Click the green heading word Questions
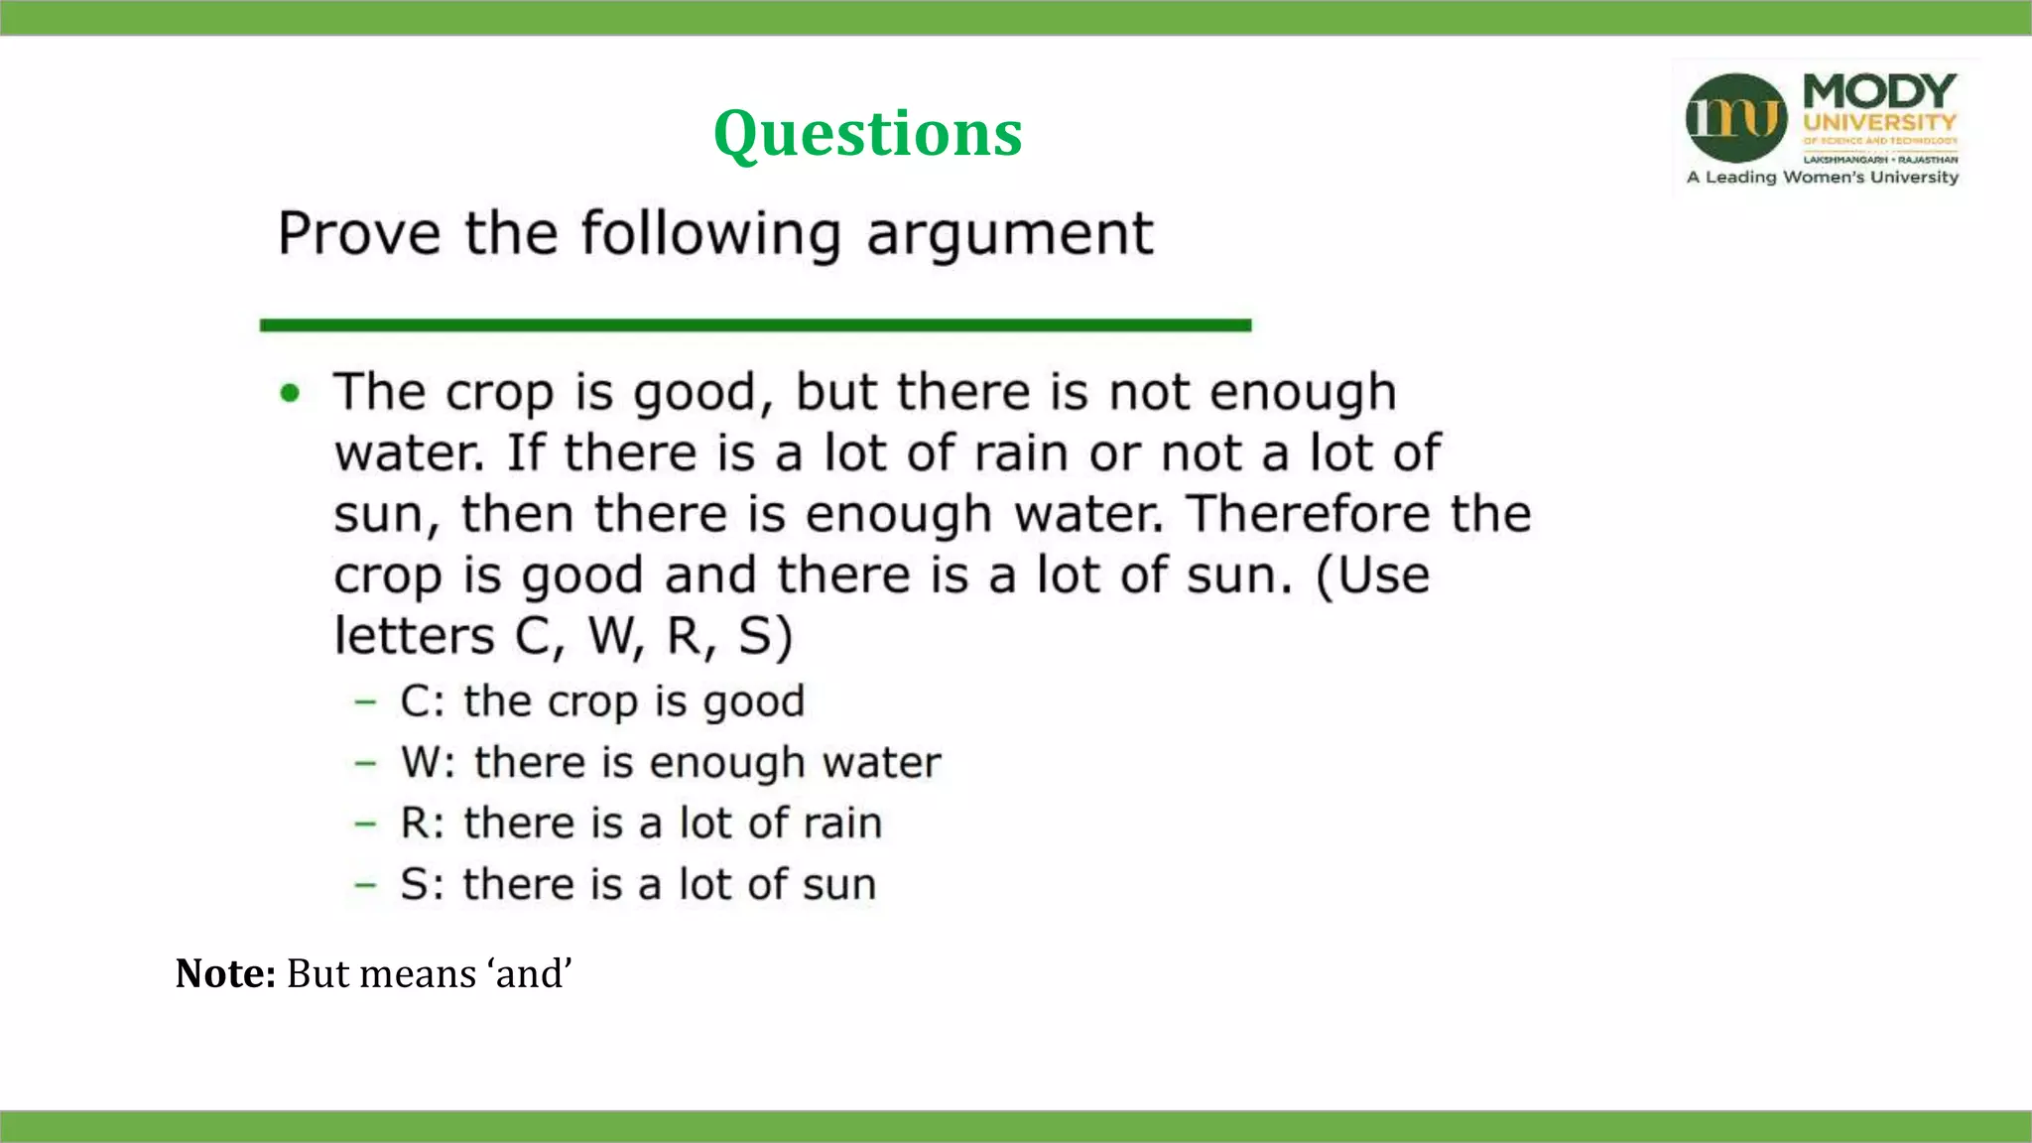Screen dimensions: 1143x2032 click(x=867, y=133)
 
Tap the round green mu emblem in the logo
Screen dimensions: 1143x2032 click(x=1736, y=117)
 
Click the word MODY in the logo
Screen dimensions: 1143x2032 click(x=1879, y=91)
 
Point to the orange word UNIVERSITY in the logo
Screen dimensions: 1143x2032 click(x=1879, y=123)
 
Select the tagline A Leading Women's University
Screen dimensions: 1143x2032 click(x=1823, y=178)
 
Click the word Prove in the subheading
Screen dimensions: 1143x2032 click(x=359, y=234)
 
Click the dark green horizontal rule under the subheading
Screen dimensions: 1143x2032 click(x=755, y=325)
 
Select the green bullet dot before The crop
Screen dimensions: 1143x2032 click(x=290, y=393)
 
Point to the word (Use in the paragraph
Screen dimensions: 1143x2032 click(x=1373, y=575)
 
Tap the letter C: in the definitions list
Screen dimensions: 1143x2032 click(x=422, y=701)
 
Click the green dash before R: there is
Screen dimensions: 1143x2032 click(x=366, y=824)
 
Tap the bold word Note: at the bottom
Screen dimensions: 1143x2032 click(x=225, y=973)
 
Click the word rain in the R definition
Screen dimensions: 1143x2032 click(x=842, y=824)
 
